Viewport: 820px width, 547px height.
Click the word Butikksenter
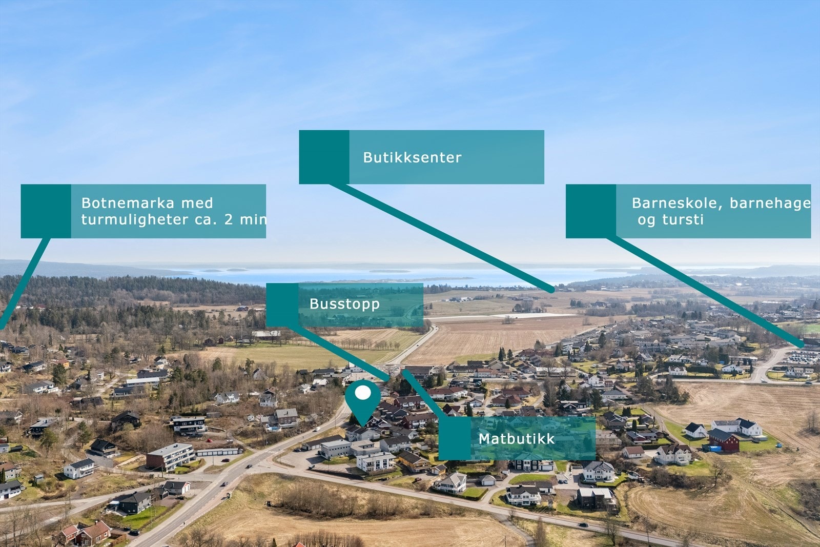point(412,157)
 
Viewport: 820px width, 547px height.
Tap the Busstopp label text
point(344,304)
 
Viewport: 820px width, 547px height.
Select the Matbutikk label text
point(517,439)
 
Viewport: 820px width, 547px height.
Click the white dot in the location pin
point(363,393)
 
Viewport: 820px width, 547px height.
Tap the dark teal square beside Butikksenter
point(324,157)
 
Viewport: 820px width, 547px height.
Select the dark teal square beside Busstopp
point(282,305)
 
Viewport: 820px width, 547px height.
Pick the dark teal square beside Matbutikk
point(454,438)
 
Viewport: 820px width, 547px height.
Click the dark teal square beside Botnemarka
point(46,211)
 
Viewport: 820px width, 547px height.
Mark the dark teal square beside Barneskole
point(591,211)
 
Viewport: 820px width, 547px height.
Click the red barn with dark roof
point(723,440)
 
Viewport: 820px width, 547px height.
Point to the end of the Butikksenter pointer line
point(552,291)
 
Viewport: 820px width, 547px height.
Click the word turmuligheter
point(135,220)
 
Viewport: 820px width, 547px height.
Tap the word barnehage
point(770,203)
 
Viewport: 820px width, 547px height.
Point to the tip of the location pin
point(363,427)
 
